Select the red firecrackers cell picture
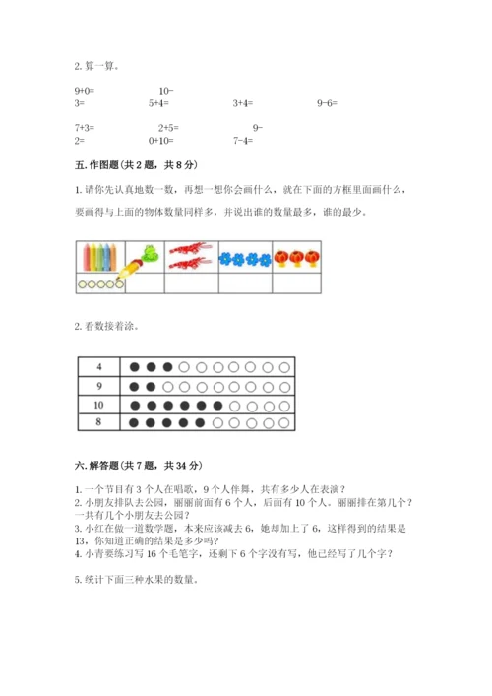[191, 256]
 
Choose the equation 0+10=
[162, 140]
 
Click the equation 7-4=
[243, 140]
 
